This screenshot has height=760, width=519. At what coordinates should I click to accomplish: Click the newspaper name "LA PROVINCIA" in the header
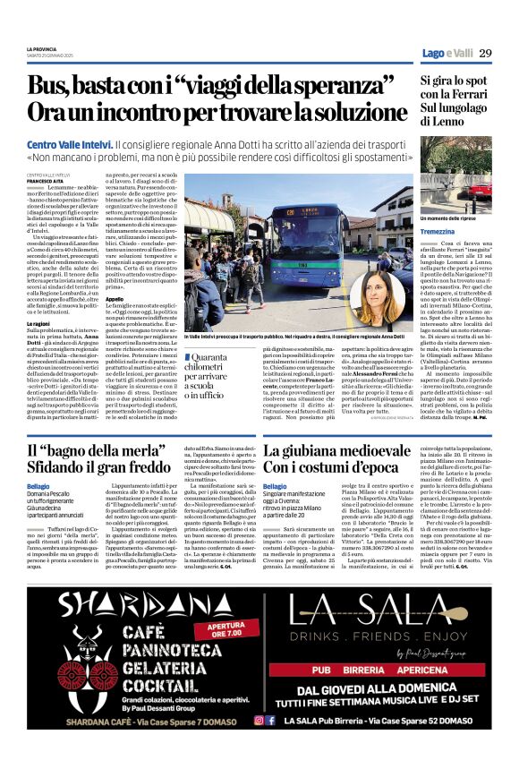click(40, 47)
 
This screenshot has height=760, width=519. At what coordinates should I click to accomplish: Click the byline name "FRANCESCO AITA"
click(46, 180)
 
